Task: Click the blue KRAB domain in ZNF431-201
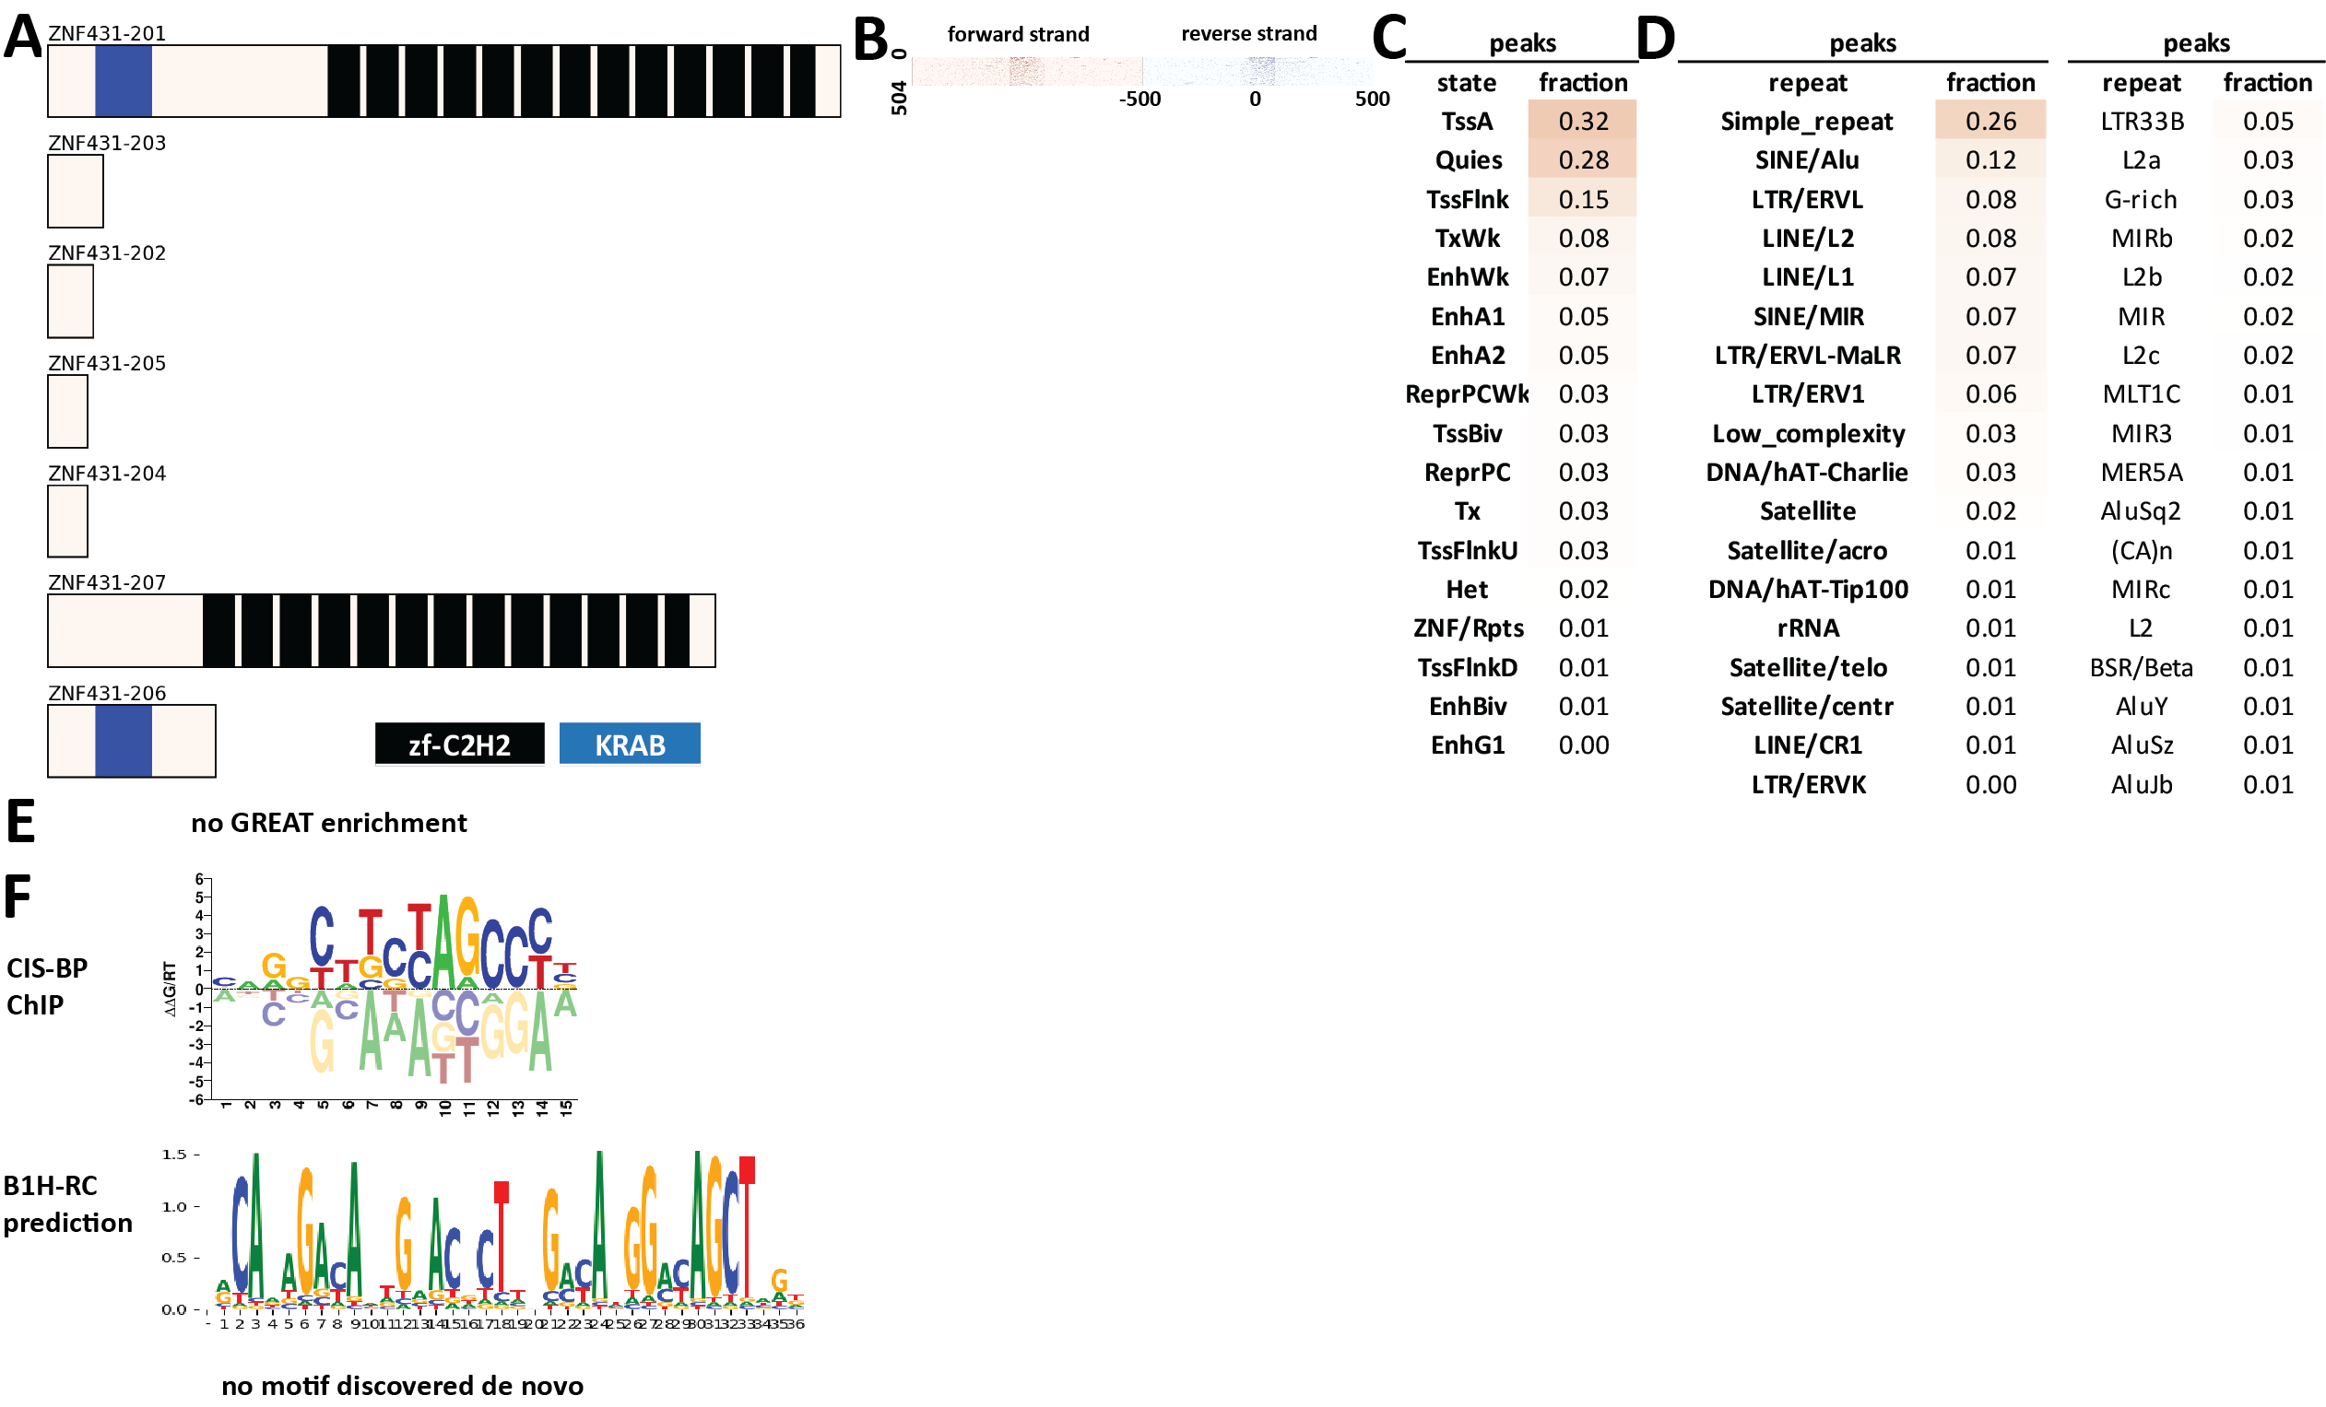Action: tap(123, 81)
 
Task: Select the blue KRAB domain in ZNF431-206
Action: tap(123, 741)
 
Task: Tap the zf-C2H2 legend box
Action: tap(459, 745)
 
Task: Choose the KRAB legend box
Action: tap(630, 745)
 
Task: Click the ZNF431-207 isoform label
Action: tap(107, 582)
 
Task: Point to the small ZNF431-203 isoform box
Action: tap(76, 191)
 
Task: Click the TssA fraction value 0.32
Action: tap(1583, 121)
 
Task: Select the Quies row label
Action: tap(1468, 160)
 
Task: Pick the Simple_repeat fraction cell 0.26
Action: tap(1989, 121)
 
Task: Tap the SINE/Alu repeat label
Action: tap(1807, 160)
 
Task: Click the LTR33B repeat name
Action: tap(2142, 121)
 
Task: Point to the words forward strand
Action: tap(1018, 34)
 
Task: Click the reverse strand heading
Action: tap(1249, 34)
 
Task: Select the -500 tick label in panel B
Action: tap(1139, 100)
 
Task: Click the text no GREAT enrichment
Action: tap(328, 823)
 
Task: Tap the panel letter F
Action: tap(17, 897)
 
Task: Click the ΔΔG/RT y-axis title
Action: tap(170, 988)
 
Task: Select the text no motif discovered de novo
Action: tap(402, 1385)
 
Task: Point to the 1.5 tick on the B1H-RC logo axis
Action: tap(174, 1155)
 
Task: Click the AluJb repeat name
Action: tap(2142, 784)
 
